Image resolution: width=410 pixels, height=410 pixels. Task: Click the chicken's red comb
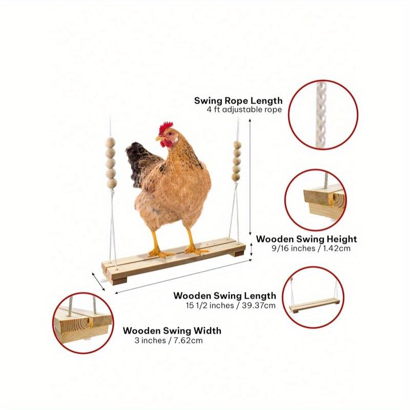166,127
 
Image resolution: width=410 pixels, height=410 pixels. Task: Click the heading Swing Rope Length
238,100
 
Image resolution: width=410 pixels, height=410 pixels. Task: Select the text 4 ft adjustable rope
244,110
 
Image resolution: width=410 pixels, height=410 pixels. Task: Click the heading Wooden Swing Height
306,239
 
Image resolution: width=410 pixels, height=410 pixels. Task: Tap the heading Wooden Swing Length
224,296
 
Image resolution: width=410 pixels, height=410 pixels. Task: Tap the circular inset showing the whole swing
314,297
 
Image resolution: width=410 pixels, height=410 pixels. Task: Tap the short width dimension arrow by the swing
98,280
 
